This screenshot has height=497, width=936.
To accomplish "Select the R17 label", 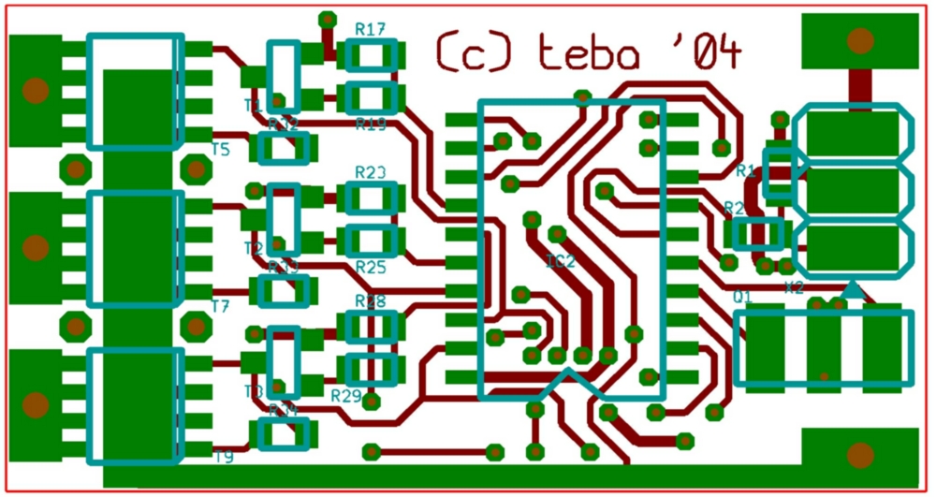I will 371,30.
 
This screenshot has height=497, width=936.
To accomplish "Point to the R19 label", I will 371,124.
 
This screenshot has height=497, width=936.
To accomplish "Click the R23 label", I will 371,172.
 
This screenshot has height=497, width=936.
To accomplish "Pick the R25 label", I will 371,268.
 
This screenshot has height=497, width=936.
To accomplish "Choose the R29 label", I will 345,396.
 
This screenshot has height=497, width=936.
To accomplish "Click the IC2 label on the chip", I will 561,260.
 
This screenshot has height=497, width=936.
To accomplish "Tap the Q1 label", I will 742,297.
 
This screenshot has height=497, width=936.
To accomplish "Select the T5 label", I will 220,149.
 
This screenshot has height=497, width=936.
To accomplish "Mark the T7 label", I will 220,305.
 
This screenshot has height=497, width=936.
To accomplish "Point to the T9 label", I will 223,457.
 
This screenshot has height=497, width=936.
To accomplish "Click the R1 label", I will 745,170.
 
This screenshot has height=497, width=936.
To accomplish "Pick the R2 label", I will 734,208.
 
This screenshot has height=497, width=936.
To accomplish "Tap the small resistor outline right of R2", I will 757,234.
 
